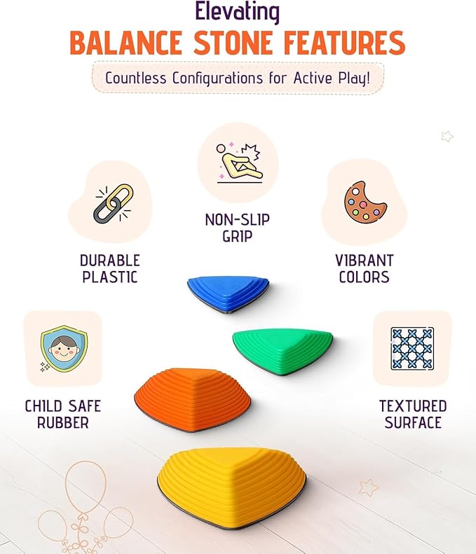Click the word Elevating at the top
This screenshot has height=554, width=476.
pos(238,13)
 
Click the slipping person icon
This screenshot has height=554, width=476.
pos(238,163)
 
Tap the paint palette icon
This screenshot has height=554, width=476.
pos(365,202)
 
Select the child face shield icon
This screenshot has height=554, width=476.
pos(62,349)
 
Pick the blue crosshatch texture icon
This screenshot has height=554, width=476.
pos(412,348)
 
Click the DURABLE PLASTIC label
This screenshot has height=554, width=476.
pos(110,268)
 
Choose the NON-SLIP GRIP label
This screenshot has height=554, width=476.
pos(238,228)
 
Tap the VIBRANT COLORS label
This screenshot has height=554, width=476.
pos(365,268)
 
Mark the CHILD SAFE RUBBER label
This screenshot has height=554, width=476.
pos(62,415)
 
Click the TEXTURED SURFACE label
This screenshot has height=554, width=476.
pos(413,415)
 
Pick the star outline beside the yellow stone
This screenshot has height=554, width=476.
pos(369,487)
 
